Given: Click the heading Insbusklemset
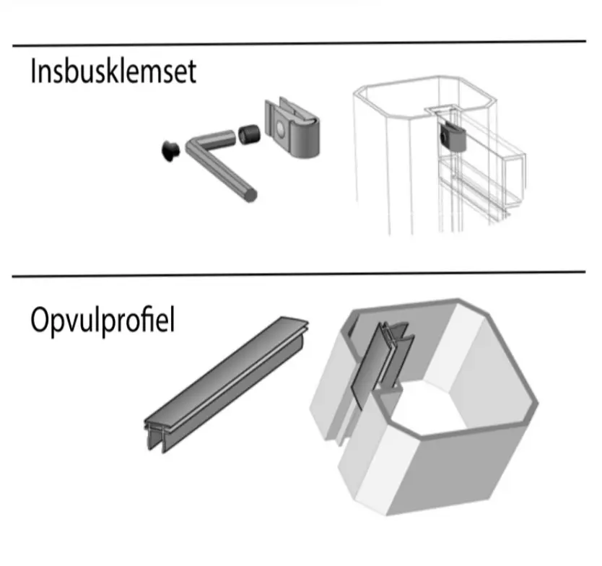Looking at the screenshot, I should pyautogui.click(x=113, y=72).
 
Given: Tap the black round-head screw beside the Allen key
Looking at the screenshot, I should pyautogui.click(x=171, y=149).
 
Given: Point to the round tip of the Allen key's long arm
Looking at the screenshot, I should pyautogui.click(x=249, y=193).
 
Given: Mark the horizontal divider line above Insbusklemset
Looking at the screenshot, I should pyautogui.click(x=299, y=43).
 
